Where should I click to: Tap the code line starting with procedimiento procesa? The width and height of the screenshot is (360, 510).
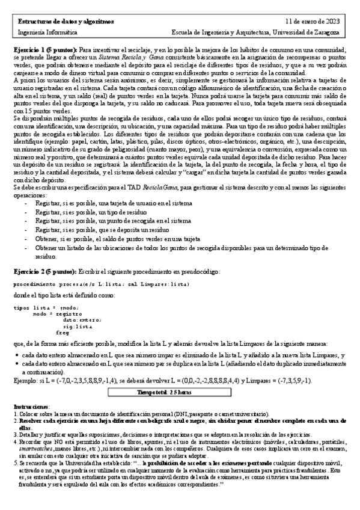pyautogui.click(x=101, y=283)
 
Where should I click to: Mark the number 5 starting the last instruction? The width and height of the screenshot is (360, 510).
pyautogui.click(x=15, y=463)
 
